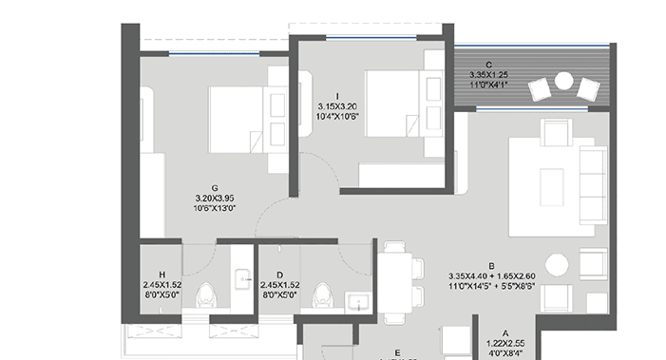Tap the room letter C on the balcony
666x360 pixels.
487,65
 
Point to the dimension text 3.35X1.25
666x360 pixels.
487,75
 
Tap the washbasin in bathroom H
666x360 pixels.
243,278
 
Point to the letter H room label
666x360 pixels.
162,274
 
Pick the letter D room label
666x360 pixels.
278,274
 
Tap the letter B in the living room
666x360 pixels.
493,267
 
